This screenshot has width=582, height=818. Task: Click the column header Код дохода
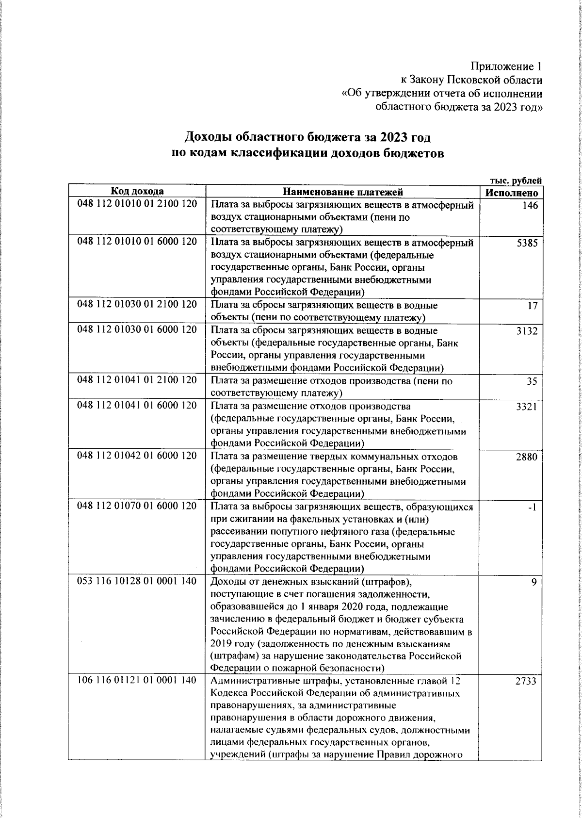click(137, 191)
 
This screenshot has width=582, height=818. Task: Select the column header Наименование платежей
click(343, 192)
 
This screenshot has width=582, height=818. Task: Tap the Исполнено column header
click(511, 193)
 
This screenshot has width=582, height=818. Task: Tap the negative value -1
click(532, 507)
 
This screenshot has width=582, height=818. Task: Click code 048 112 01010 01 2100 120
click(137, 204)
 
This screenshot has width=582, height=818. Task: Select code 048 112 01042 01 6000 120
click(137, 456)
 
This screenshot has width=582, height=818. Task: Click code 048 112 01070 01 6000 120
click(137, 506)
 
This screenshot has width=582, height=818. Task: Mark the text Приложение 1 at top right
click(506, 66)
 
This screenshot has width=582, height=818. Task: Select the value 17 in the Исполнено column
click(533, 307)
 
